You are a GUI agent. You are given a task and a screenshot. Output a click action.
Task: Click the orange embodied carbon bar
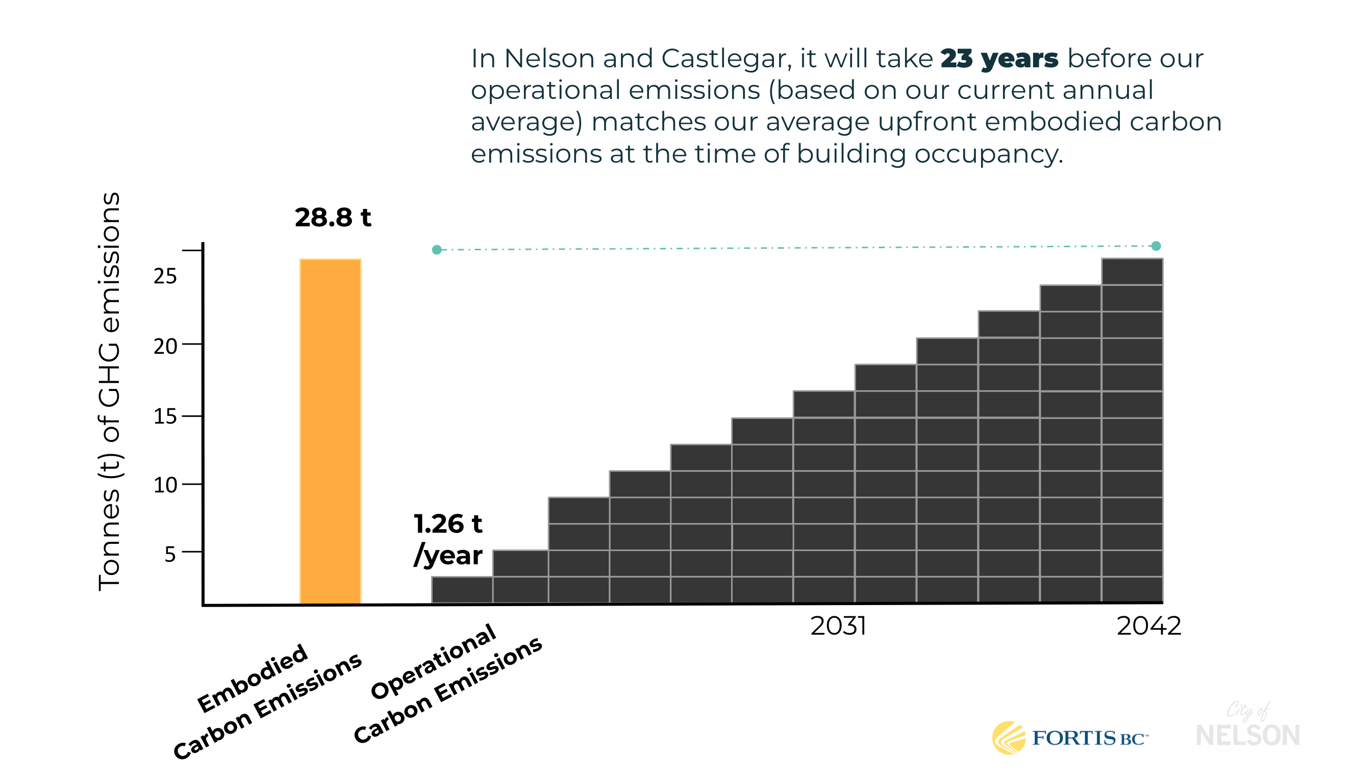[x=330, y=429]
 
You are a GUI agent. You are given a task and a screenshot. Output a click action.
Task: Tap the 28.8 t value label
[x=333, y=218]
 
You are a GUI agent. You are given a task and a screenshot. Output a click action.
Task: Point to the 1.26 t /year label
[x=448, y=539]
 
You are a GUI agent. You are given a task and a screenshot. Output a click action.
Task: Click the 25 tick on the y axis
[x=165, y=276]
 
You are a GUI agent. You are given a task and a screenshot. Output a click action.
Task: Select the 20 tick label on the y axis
[x=165, y=347]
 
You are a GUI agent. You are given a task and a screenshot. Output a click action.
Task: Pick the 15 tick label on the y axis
[x=165, y=416]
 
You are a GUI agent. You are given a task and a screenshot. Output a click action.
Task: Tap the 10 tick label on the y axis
[x=165, y=485]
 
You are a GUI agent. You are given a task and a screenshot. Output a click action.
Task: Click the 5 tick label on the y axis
[x=170, y=554]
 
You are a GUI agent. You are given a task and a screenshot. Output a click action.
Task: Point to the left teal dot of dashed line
[x=437, y=250]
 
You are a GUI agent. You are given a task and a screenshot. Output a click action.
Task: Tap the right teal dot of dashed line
[x=1156, y=246]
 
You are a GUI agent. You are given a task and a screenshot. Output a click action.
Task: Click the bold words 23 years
[x=999, y=59]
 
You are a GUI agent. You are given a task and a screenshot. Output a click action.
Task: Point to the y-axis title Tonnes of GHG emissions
[x=110, y=391]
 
